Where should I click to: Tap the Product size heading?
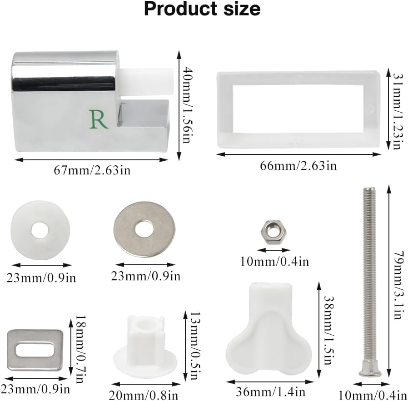pos(202,10)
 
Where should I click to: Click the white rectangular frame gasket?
pos(298,109)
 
